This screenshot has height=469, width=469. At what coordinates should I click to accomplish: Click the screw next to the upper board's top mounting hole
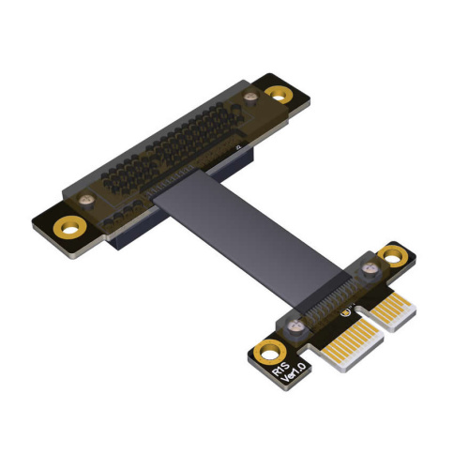250,97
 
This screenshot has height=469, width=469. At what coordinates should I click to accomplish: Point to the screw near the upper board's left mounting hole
86,200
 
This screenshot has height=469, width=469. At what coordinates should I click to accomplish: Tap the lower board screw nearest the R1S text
295,327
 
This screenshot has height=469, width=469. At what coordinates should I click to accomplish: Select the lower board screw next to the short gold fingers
370,268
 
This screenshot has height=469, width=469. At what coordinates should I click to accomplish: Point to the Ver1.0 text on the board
294,372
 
